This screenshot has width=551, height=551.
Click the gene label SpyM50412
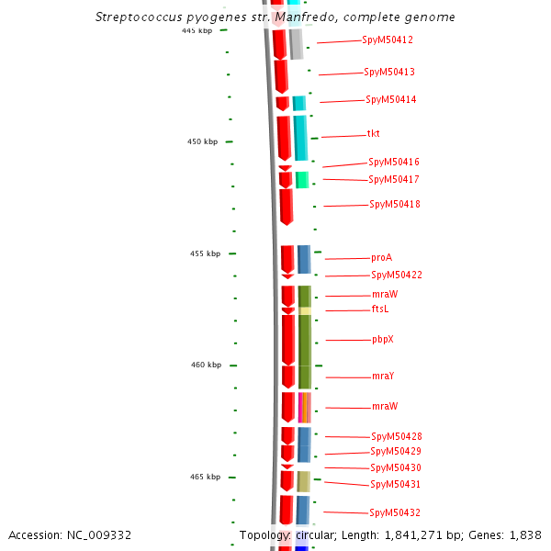point(388,39)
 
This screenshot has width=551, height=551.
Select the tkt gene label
point(374,134)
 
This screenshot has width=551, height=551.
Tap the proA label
point(381,258)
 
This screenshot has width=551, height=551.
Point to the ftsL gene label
point(380,309)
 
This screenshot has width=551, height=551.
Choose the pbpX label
point(383,340)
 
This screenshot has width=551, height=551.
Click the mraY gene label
point(383,377)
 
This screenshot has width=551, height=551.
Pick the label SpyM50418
point(395,204)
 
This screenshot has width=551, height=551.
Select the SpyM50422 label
point(397,275)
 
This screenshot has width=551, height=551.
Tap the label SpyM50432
point(395,512)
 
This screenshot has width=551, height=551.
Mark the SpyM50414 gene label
point(390,99)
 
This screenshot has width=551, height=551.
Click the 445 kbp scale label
point(197,30)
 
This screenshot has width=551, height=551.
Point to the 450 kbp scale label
point(203,141)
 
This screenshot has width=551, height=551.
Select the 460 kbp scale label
point(206,365)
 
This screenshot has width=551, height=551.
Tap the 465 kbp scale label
point(205,477)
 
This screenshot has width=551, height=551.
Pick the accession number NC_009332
point(97,534)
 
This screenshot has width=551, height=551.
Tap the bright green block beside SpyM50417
point(302,180)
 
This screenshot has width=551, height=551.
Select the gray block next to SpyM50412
point(296,43)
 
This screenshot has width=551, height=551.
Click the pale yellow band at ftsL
point(305,310)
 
